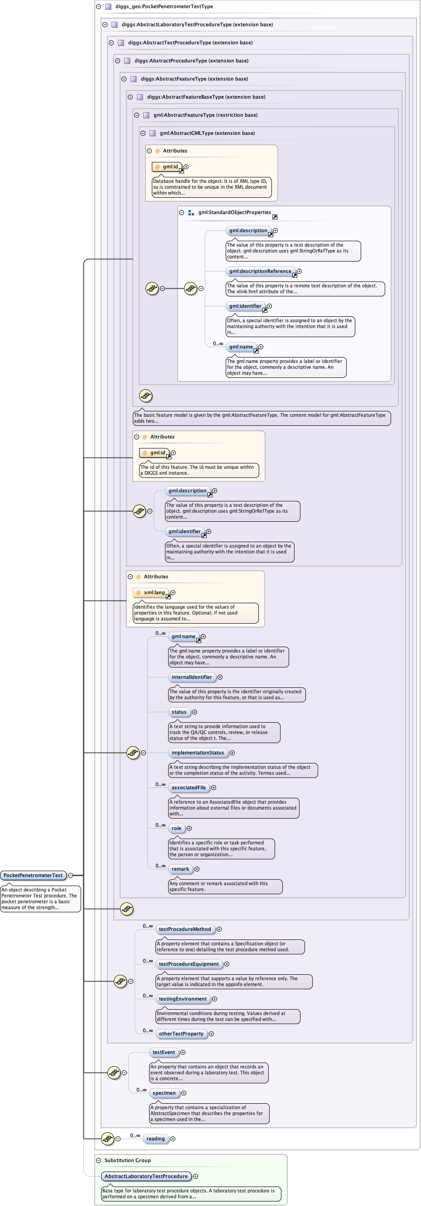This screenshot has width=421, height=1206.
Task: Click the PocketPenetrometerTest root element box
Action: [33, 875]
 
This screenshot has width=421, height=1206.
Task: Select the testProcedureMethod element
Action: [185, 929]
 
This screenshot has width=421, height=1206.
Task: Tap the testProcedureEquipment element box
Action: [189, 964]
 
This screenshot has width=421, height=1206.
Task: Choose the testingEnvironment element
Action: [182, 999]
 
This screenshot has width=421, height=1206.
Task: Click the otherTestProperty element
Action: [181, 1033]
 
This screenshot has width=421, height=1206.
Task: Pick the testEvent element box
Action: [164, 1052]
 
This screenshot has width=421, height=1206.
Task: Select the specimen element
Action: [164, 1093]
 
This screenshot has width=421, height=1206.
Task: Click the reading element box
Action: [155, 1139]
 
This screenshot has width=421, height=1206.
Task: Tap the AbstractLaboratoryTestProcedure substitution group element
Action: [146, 1176]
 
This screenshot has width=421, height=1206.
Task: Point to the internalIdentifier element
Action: [191, 677]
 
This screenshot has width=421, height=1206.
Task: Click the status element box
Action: [179, 712]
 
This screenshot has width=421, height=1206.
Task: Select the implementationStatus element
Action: [198, 753]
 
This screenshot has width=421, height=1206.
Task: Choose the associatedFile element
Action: [189, 787]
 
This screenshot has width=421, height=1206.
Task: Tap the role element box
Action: [176, 828]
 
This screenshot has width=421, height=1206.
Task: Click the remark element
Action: [180, 869]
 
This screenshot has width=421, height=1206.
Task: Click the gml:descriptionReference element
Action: [260, 271]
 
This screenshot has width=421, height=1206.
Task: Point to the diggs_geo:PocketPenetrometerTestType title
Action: [164, 6]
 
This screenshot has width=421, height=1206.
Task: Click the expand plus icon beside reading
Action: [173, 1139]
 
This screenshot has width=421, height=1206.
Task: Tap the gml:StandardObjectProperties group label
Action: [234, 213]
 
